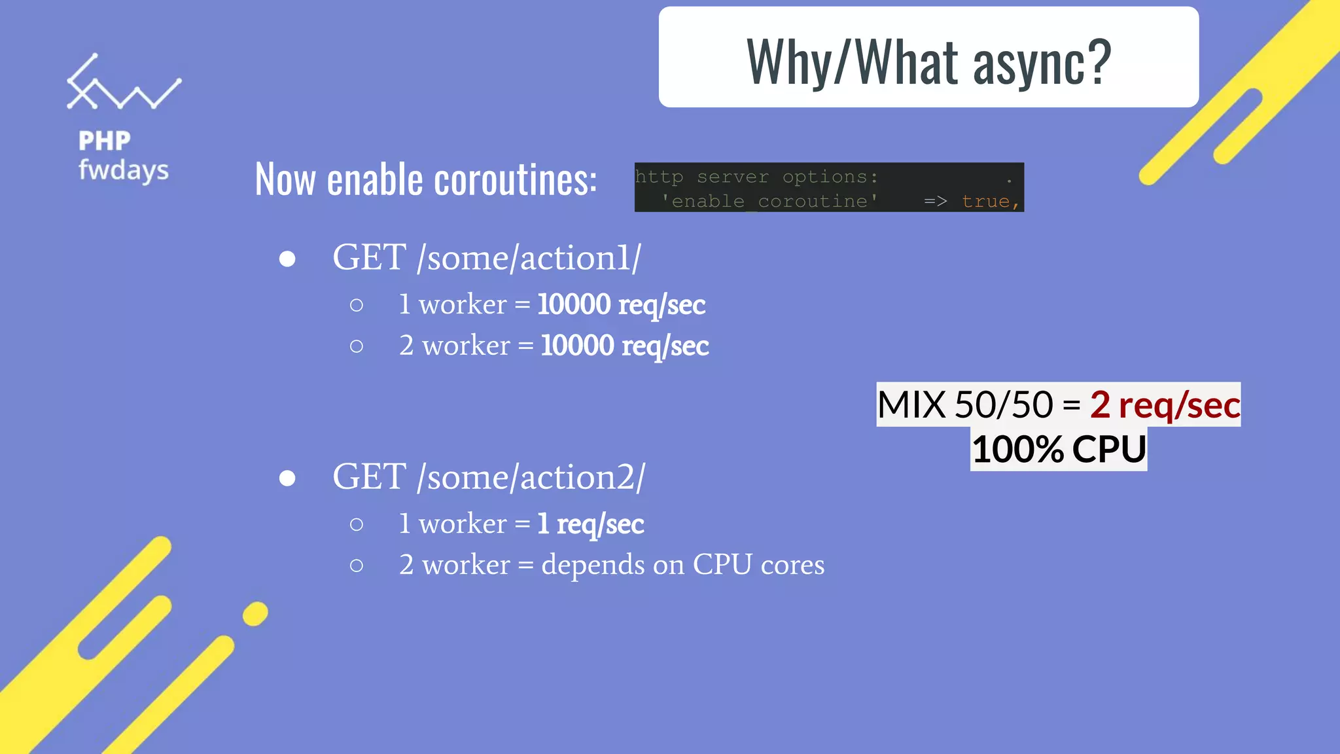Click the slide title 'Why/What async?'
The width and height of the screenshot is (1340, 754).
click(928, 62)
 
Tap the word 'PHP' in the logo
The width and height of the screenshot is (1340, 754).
click(105, 141)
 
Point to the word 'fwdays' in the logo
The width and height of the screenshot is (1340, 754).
click(124, 170)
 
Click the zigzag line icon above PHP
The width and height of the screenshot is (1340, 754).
click(123, 84)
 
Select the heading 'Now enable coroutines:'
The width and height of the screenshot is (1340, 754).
click(426, 179)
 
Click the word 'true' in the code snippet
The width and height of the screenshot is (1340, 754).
click(985, 201)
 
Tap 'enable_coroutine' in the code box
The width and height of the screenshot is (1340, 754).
click(769, 201)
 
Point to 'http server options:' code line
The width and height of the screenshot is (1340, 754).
click(756, 177)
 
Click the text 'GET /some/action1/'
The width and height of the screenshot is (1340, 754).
click(487, 257)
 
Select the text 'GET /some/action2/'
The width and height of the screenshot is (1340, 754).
click(489, 476)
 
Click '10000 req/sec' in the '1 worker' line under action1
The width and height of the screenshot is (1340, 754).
click(622, 304)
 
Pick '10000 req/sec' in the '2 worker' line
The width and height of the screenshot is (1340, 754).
click(625, 346)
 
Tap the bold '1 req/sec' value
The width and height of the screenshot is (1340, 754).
click(591, 524)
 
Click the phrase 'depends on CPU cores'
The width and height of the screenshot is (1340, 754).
click(682, 564)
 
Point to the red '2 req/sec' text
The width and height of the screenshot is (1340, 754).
click(1165, 404)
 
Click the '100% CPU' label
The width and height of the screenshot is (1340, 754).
click(1059, 449)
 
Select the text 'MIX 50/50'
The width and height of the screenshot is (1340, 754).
click(965, 404)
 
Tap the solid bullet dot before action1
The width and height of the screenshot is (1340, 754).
click(287, 259)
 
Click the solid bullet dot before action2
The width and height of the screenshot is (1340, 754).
click(287, 478)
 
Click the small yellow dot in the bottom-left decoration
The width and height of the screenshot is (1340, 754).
click(255, 614)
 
